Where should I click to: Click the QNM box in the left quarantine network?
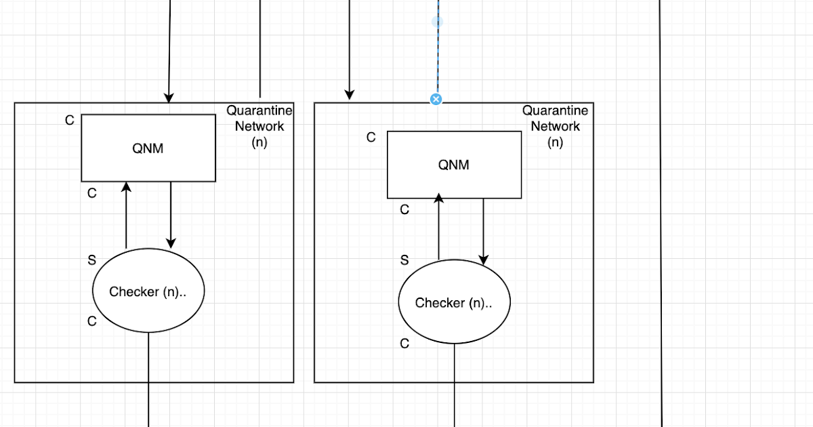[148, 148]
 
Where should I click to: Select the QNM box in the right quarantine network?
[454, 165]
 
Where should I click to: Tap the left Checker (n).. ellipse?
[148, 291]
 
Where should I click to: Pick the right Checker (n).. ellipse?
[453, 303]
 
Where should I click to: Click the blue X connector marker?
[436, 99]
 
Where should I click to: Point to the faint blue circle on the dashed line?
[437, 22]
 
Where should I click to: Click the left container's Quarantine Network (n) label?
[259, 126]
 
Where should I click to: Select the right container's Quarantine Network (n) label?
[555, 126]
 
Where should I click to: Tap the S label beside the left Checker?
[92, 260]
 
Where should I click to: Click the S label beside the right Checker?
[404, 260]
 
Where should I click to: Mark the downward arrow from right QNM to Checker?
[484, 230]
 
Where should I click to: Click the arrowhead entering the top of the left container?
[169, 98]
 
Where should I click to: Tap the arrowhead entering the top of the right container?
[350, 94]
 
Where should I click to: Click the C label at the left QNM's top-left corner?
[69, 121]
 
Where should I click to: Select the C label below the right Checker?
[404, 344]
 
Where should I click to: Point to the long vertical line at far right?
[661, 217]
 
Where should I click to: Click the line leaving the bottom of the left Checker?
[148, 380]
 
